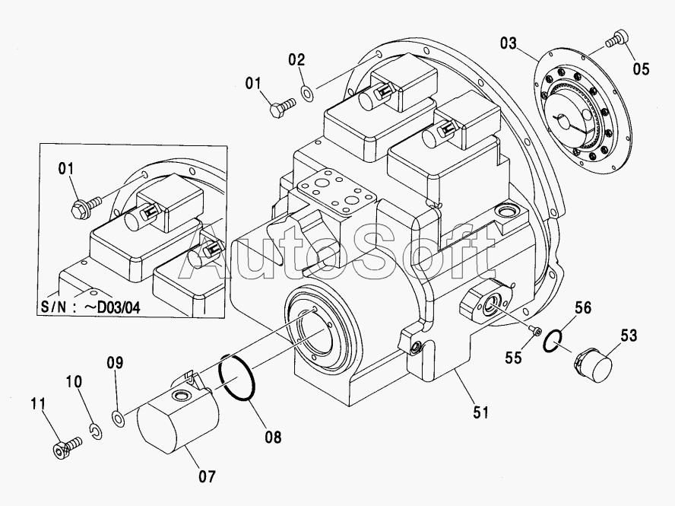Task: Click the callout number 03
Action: pyautogui.click(x=508, y=43)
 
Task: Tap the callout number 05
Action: pyautogui.click(x=641, y=68)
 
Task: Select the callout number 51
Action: pyautogui.click(x=481, y=412)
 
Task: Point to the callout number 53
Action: pyautogui.click(x=629, y=336)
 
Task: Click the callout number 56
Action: pyautogui.click(x=583, y=307)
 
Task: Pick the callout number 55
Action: pyautogui.click(x=513, y=358)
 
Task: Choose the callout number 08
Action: pyautogui.click(x=273, y=437)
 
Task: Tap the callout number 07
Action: pyautogui.click(x=207, y=476)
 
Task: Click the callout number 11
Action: pyautogui.click(x=38, y=404)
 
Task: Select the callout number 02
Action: pyautogui.click(x=296, y=59)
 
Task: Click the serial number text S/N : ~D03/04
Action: pyautogui.click(x=90, y=307)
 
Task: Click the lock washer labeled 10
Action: pyautogui.click(x=97, y=432)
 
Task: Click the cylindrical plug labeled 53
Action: pyautogui.click(x=592, y=365)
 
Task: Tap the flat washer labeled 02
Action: pyautogui.click(x=307, y=93)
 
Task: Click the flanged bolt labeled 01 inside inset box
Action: pyautogui.click(x=86, y=206)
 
